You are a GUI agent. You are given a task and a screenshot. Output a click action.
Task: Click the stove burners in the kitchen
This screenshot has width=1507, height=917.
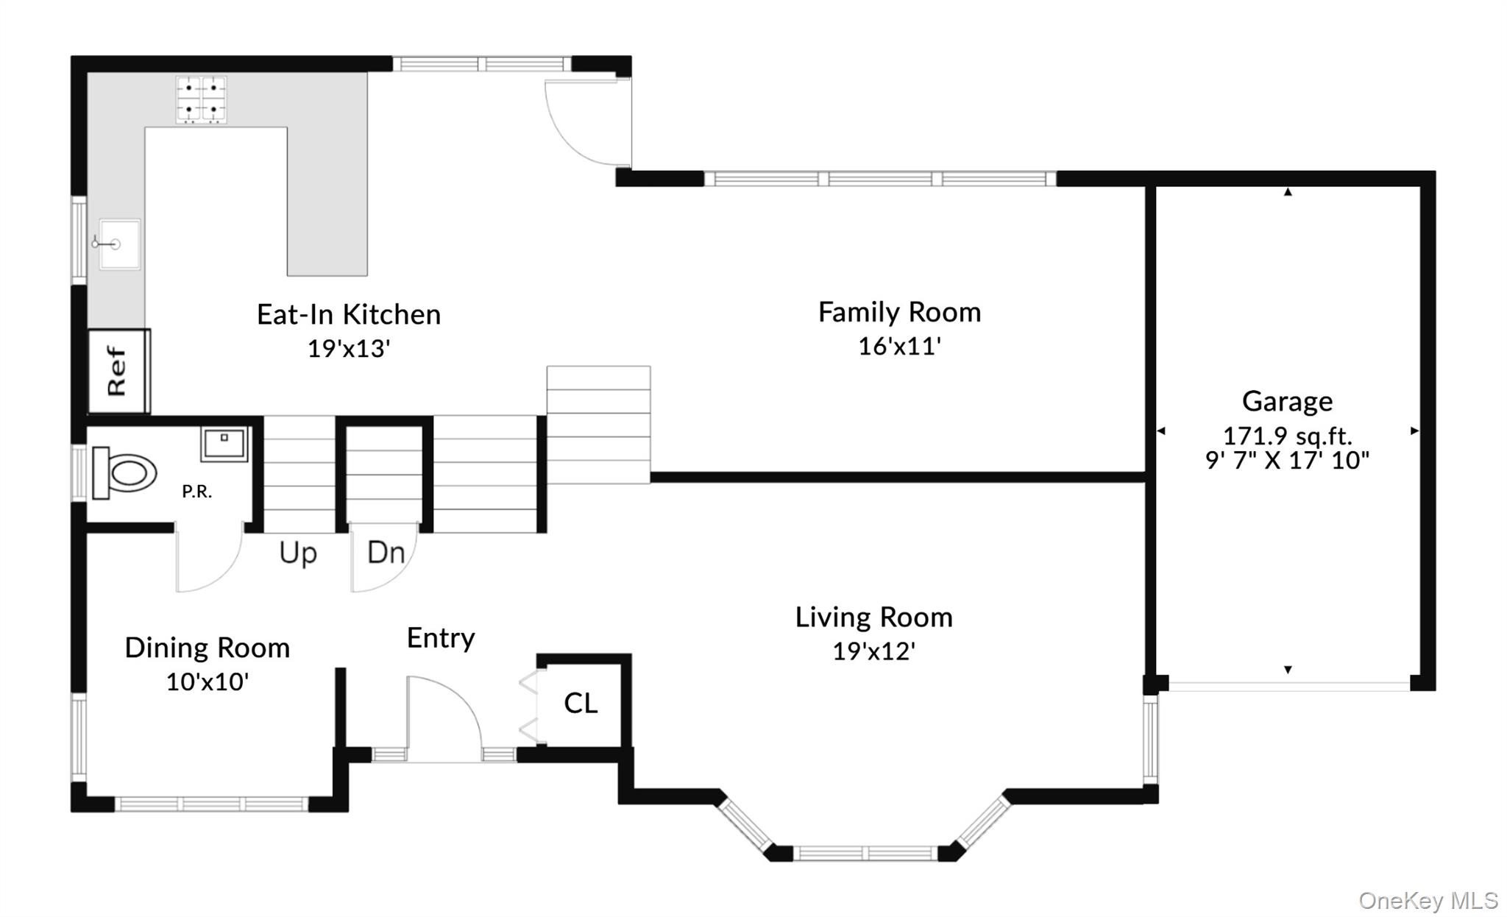click(201, 99)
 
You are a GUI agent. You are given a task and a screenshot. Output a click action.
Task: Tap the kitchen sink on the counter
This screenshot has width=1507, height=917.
click(119, 244)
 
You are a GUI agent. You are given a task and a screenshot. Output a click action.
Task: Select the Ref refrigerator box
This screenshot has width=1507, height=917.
click(118, 371)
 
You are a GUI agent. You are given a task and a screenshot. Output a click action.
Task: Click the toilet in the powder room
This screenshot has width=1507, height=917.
click(125, 472)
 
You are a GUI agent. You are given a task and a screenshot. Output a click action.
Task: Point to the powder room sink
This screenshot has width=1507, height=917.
click(224, 444)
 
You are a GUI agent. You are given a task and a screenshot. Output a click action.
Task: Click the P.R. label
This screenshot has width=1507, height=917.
click(197, 492)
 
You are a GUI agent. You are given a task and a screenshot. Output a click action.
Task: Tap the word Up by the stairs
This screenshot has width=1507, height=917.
click(298, 553)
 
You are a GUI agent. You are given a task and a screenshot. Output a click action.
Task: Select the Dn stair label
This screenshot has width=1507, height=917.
click(386, 552)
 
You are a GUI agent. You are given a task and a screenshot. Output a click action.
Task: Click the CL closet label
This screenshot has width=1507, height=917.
click(581, 703)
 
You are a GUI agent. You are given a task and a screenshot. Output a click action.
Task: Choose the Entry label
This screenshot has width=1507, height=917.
click(441, 638)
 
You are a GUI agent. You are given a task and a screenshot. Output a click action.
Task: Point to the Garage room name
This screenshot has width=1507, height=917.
click(1287, 401)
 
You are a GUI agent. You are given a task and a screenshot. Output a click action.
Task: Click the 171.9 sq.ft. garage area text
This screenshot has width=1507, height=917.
click(1287, 436)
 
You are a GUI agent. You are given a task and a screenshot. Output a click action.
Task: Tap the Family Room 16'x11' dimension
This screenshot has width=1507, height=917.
click(900, 346)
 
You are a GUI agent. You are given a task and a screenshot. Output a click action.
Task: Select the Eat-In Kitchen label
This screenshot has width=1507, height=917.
click(349, 314)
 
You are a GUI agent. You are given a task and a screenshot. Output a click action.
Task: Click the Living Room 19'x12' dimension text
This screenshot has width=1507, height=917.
click(874, 651)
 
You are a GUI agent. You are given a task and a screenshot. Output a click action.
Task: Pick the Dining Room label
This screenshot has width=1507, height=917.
click(208, 648)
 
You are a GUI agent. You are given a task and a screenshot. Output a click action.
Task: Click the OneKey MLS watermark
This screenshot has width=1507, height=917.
click(1428, 900)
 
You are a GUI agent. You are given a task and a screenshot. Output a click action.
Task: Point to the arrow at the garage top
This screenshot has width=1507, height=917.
click(1288, 192)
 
